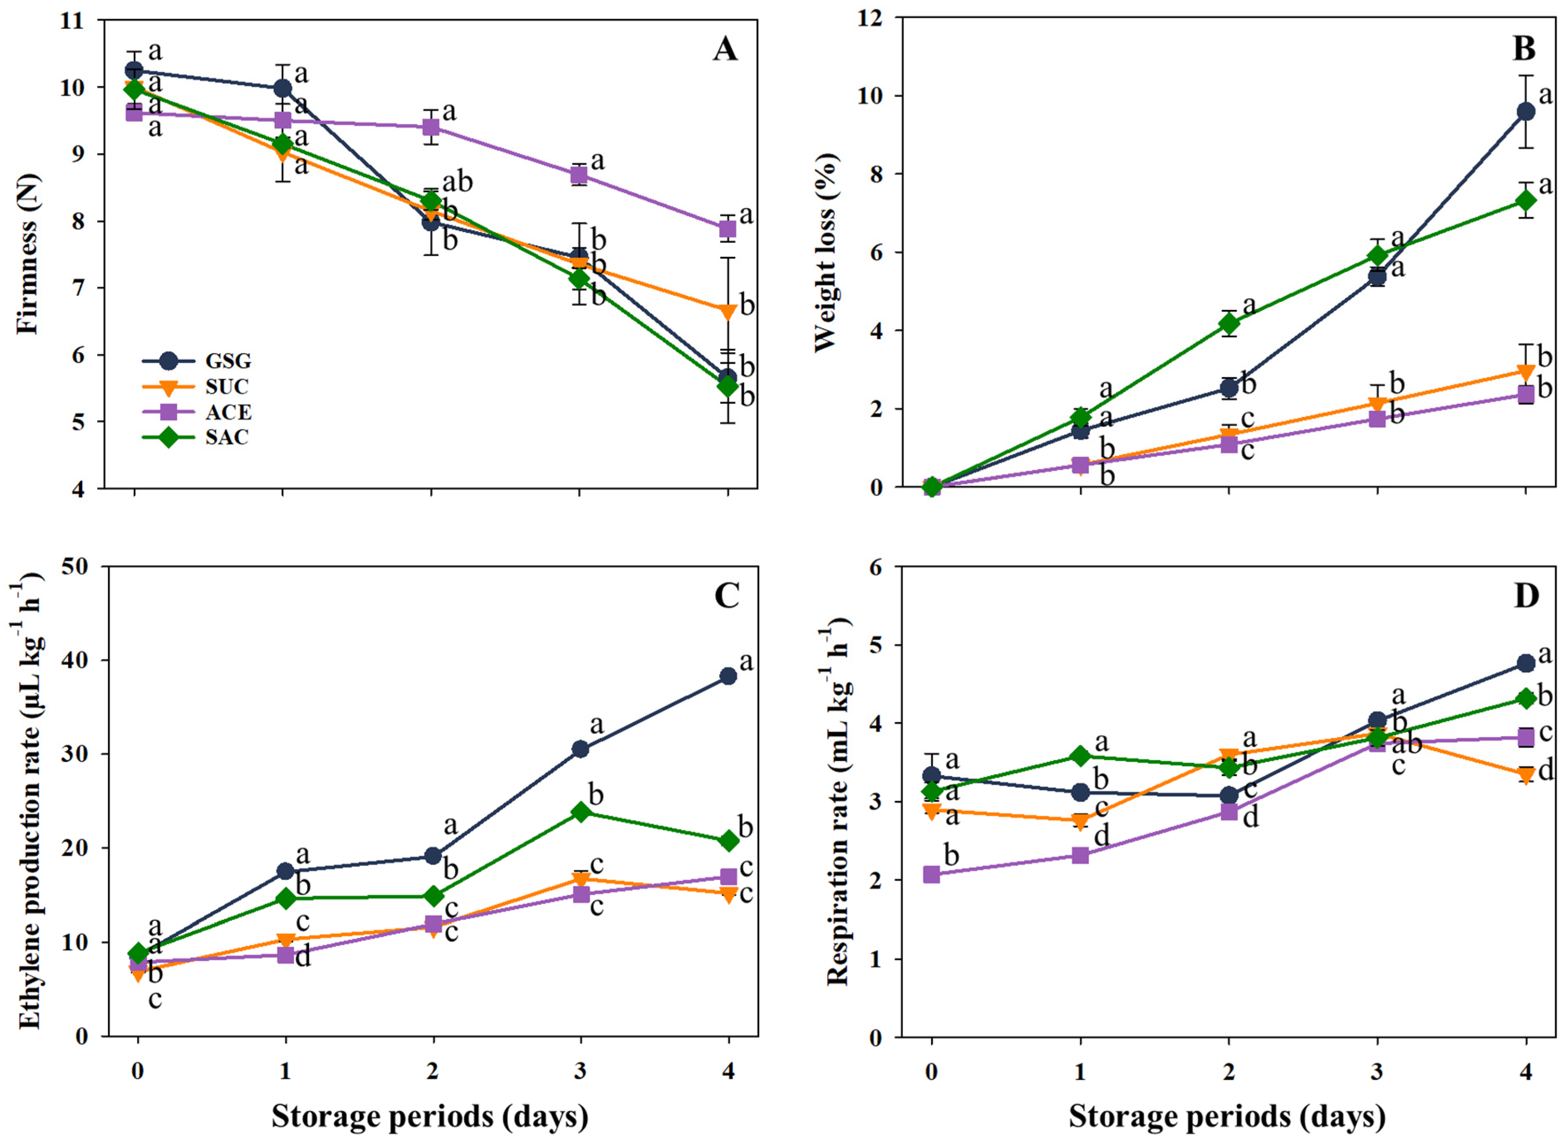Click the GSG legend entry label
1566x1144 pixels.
[228, 361]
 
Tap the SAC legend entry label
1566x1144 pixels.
[227, 438]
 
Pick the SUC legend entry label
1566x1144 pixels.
[227, 386]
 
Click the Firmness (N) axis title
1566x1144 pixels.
[28, 254]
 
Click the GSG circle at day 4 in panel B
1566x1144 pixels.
[1525, 112]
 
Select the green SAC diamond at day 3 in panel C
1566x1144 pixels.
[581, 812]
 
